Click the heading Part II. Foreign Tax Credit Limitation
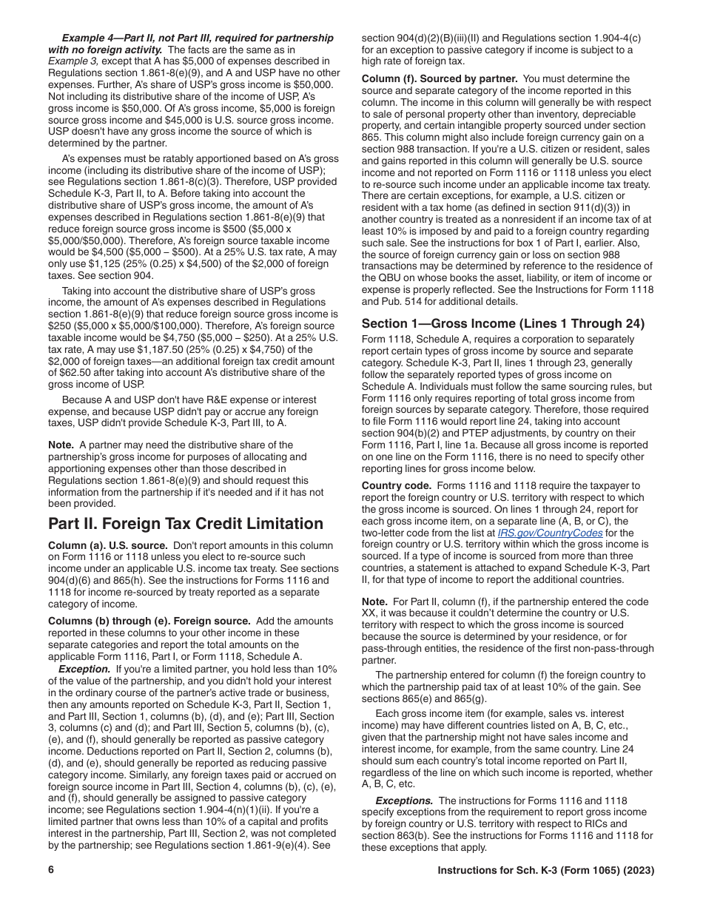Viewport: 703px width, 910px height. coord(185,524)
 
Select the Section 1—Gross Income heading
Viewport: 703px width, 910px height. coord(502,323)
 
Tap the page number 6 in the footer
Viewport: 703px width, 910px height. coord(52,871)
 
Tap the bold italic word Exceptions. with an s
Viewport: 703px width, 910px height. coord(404,801)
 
